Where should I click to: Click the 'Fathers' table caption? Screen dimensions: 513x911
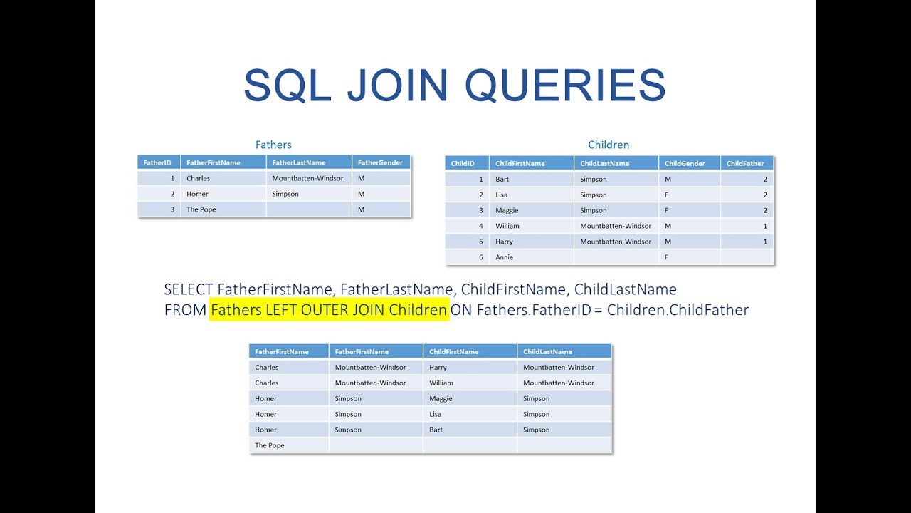[273, 145]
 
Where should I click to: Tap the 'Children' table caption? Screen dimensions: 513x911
[609, 145]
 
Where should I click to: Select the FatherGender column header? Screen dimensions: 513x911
[380, 162]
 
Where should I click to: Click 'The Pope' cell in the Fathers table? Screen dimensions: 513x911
[201, 209]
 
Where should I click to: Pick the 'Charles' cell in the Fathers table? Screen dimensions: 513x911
[199, 178]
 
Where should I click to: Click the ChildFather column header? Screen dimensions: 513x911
[745, 163]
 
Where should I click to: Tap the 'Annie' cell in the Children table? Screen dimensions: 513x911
[505, 257]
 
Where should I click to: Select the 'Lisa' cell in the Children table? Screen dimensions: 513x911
[502, 195]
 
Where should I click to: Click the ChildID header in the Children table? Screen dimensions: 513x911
[463, 163]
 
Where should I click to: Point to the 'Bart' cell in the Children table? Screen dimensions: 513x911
[503, 179]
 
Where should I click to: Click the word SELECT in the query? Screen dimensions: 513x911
[189, 289]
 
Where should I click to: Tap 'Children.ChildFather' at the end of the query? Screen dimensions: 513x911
[678, 310]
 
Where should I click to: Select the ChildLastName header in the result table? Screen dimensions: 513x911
[547, 351]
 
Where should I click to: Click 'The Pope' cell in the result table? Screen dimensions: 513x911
[270, 445]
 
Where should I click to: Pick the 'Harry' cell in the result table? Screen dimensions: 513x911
[438, 367]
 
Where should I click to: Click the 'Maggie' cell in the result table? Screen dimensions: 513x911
[441, 398]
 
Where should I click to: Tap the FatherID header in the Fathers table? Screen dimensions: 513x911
[157, 162]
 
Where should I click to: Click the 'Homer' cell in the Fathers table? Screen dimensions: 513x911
[197, 194]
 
